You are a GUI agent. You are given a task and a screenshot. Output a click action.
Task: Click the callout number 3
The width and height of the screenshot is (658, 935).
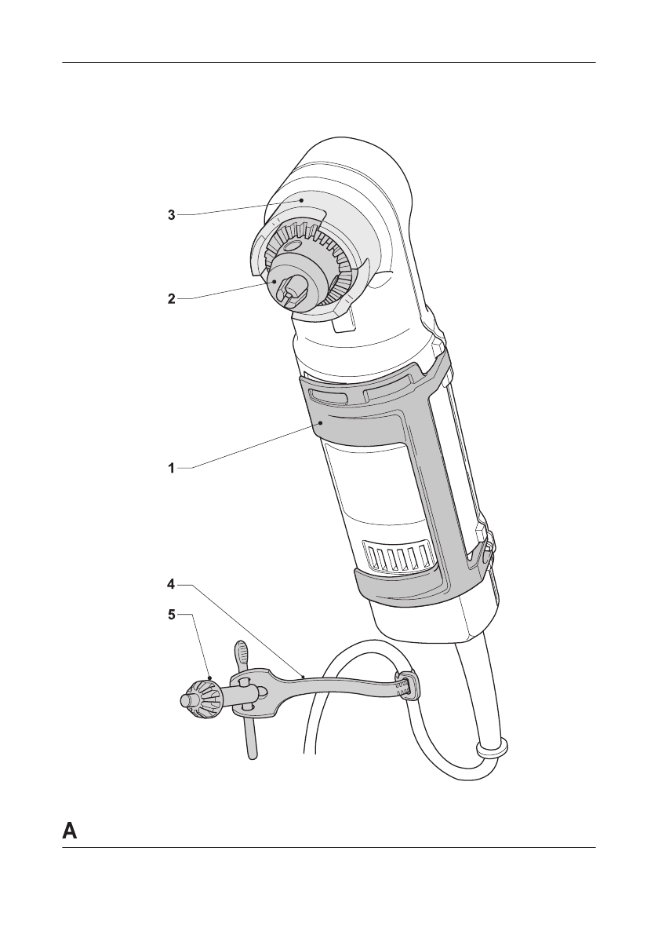(x=172, y=215)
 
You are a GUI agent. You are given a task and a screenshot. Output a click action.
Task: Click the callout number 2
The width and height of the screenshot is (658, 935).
(x=172, y=299)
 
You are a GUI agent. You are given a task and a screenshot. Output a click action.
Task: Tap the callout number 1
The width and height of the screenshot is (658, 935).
(x=172, y=469)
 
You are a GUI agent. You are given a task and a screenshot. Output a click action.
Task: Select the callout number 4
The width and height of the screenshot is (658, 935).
(x=172, y=584)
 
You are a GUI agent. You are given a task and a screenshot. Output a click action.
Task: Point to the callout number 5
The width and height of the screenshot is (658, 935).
(x=172, y=614)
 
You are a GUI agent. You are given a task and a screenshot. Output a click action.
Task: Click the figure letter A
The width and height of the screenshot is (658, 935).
(x=70, y=831)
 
